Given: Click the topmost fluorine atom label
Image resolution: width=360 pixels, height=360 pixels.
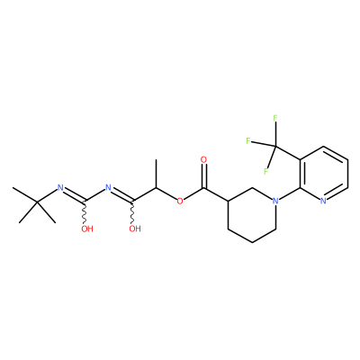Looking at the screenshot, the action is pyautogui.click(x=275, y=118).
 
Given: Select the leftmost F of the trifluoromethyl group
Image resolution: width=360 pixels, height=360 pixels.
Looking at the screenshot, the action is pyautogui.click(x=248, y=140).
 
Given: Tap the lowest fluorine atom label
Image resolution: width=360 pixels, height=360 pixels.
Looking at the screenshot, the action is pyautogui.click(x=265, y=172).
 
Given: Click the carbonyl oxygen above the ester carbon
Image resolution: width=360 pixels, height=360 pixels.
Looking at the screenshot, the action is pyautogui.click(x=204, y=159).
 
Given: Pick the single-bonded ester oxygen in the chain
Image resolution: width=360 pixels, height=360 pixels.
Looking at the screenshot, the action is pyautogui.click(x=180, y=201).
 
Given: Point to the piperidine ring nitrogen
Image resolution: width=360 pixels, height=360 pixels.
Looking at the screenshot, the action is pyautogui.click(x=275, y=201).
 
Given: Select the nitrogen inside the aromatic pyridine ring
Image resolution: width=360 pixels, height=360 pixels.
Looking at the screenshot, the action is pyautogui.click(x=323, y=201).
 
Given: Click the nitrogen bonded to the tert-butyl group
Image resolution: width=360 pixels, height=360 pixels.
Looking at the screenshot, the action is pyautogui.click(x=60, y=188).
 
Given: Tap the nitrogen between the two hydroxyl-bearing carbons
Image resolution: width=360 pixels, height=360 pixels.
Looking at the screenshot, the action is pyautogui.click(x=108, y=188).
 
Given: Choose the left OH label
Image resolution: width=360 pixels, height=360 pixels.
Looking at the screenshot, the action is pyautogui.click(x=87, y=229).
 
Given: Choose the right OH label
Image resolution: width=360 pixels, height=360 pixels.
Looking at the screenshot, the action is pyautogui.click(x=135, y=229).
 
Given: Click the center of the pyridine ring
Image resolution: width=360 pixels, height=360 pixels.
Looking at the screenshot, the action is pyautogui.click(x=324, y=174).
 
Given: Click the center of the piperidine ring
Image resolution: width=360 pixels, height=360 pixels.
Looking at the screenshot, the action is pyautogui.click(x=252, y=215).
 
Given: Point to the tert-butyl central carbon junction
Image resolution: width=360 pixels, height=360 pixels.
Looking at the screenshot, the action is pyautogui.click(x=37, y=202).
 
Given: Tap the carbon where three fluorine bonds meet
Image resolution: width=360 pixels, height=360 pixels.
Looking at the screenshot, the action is pyautogui.click(x=275, y=147).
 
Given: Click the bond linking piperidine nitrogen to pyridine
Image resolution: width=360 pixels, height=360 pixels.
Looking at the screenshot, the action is pyautogui.click(x=289, y=194).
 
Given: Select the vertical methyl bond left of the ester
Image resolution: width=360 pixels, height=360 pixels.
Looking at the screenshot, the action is pyautogui.click(x=156, y=174).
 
